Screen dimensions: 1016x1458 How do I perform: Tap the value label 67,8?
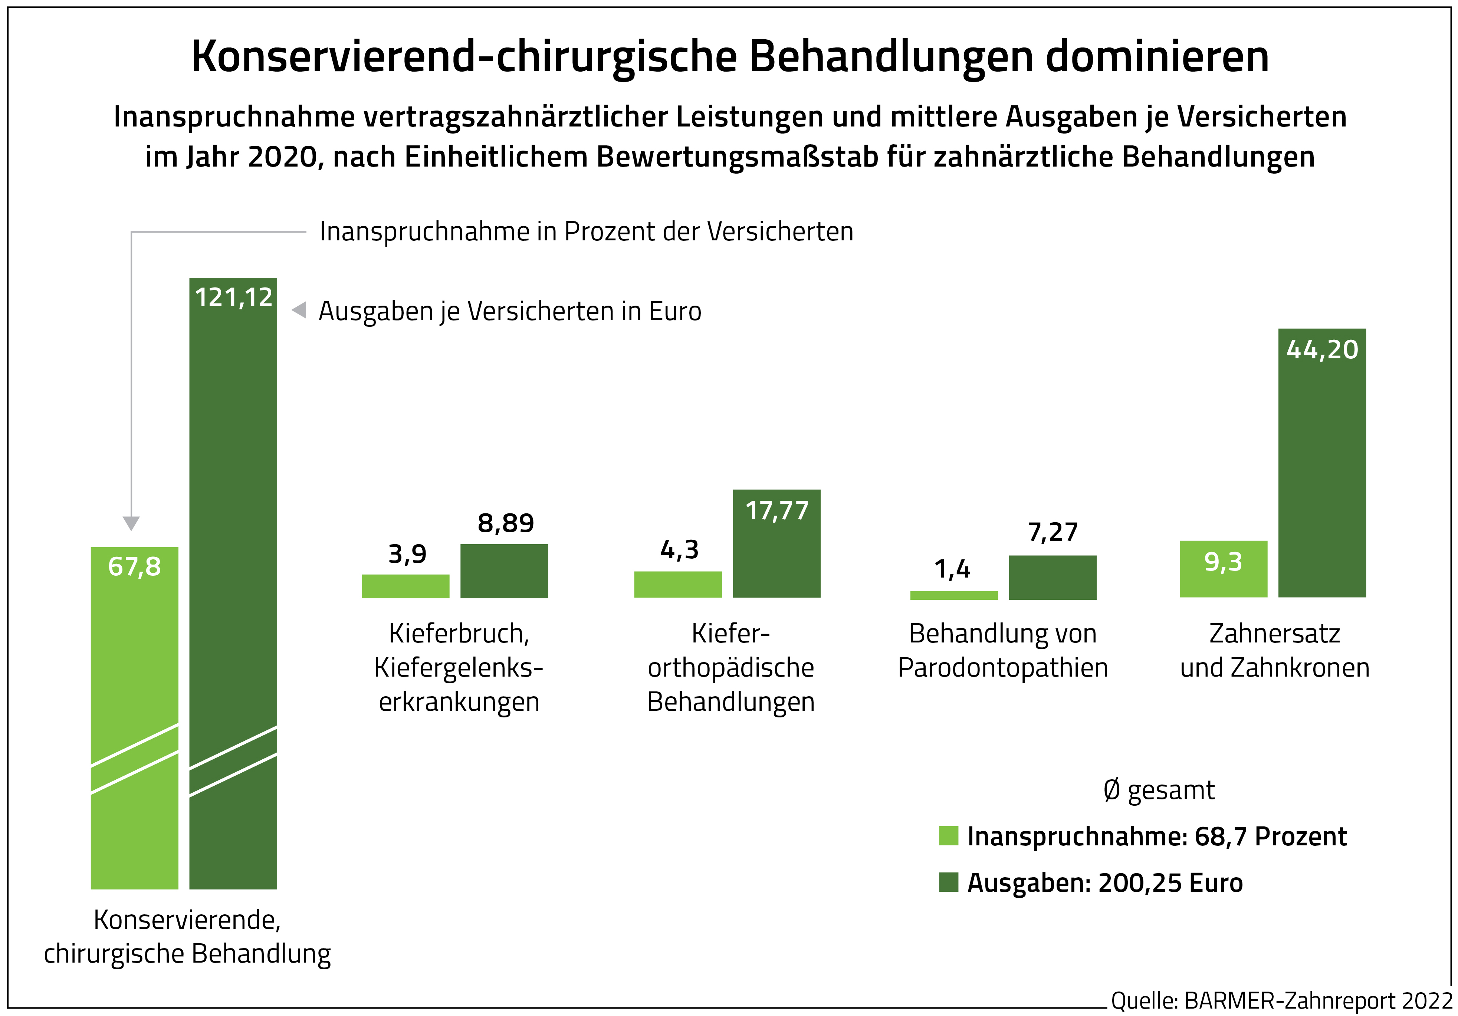click(135, 566)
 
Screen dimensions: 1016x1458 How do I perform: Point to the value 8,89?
click(505, 523)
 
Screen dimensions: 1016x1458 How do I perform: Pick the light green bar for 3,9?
click(405, 586)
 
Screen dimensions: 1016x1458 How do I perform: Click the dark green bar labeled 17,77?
click(776, 552)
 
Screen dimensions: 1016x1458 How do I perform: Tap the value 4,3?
click(679, 550)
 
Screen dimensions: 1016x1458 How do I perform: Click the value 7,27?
click(1052, 532)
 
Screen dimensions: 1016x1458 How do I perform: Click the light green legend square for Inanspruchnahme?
click(948, 836)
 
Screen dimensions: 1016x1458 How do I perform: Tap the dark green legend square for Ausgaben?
click(948, 882)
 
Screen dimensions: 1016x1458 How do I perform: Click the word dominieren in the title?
click(1157, 57)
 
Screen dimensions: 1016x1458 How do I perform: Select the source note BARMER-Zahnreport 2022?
click(1318, 1001)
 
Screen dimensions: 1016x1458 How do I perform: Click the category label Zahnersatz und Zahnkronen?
click(1274, 650)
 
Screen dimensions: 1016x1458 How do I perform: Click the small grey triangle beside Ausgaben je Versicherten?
click(299, 310)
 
